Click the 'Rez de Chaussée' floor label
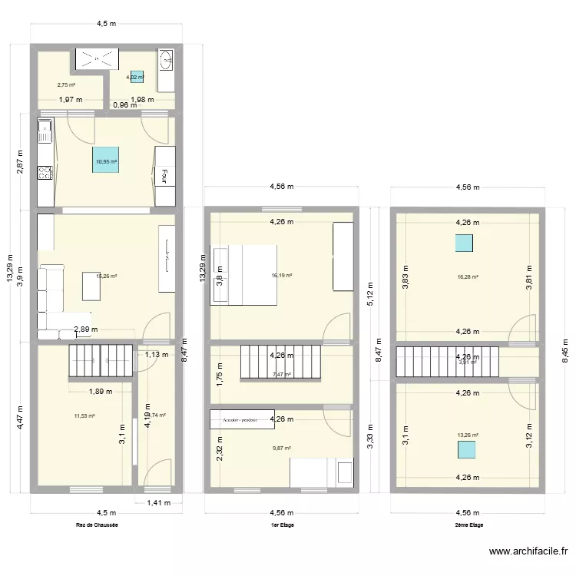(97, 525)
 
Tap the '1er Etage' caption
(283, 525)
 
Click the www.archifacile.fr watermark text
(528, 551)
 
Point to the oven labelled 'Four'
(164, 176)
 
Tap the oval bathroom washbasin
(167, 61)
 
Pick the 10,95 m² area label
(106, 162)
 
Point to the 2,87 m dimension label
(21, 163)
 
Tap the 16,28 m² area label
(468, 277)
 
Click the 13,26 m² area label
(467, 435)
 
